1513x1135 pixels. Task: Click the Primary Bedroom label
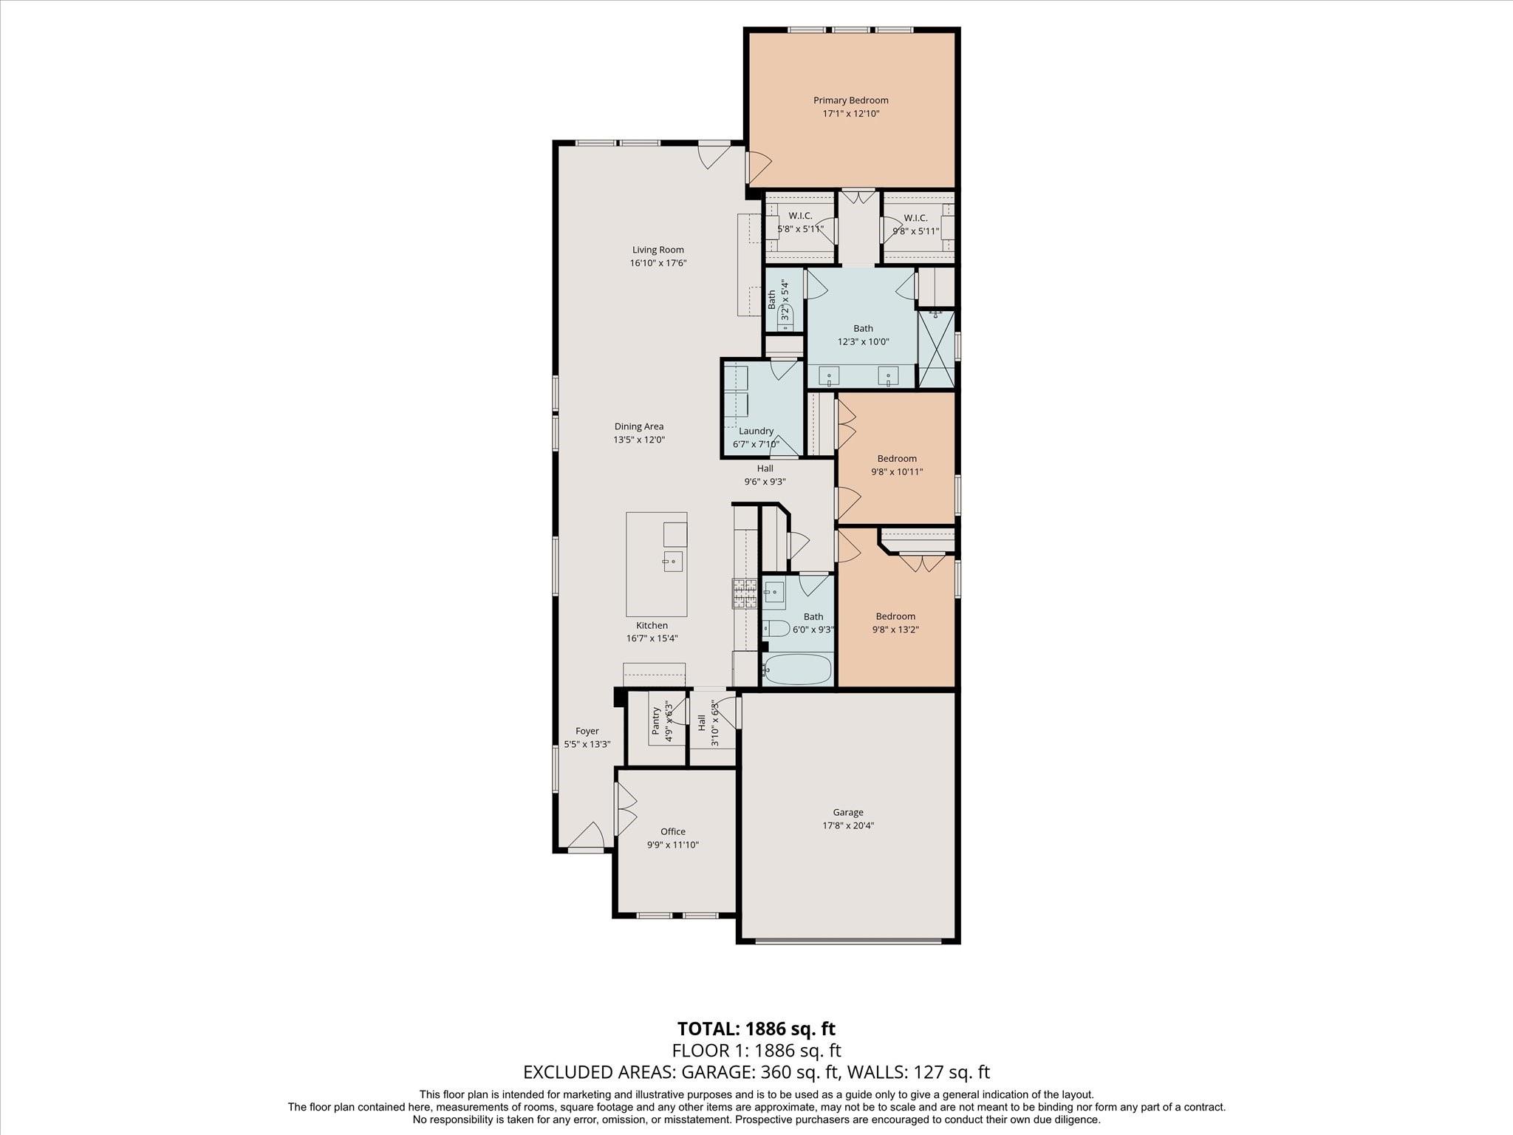[x=850, y=100]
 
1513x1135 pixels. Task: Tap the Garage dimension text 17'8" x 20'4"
[x=848, y=826]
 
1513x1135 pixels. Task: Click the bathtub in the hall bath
[x=797, y=670]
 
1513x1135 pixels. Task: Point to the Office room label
[x=672, y=831]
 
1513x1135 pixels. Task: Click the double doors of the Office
[x=626, y=805]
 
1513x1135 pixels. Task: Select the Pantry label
[x=655, y=721]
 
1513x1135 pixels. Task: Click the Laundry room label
[x=756, y=431]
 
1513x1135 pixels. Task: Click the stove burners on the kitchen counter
[x=745, y=593]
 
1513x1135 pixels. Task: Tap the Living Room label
[x=658, y=250]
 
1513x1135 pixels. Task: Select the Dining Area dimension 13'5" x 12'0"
[x=639, y=440]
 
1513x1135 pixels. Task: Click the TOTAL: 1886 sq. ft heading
[x=756, y=1029]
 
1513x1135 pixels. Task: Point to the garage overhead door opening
[x=848, y=941]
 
